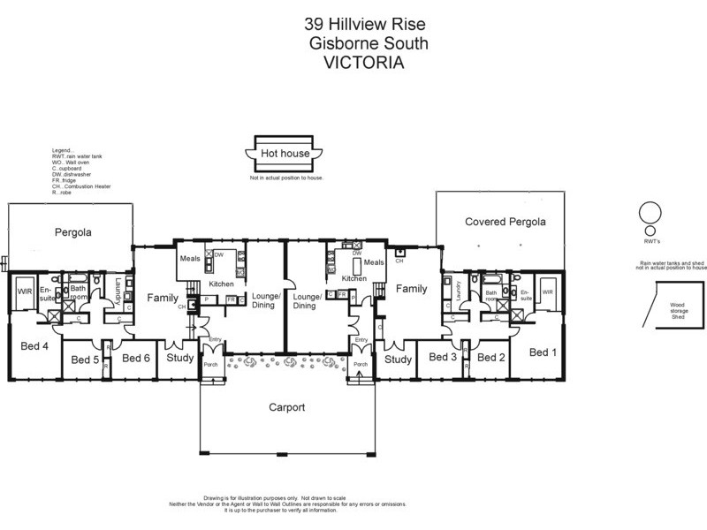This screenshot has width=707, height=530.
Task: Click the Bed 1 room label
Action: [543, 352]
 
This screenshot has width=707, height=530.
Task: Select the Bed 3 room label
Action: [442, 357]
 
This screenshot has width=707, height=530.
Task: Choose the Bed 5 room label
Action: [85, 360]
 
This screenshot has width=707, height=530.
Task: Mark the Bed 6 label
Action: [135, 358]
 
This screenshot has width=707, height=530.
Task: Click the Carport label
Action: [286, 408]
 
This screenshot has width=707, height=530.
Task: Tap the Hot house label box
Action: [284, 154]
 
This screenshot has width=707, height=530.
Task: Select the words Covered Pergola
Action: [505, 222]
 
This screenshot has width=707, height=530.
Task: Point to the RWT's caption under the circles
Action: [650, 238]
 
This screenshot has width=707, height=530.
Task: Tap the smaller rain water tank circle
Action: [650, 229]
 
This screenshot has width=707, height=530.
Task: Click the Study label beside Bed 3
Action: [399, 360]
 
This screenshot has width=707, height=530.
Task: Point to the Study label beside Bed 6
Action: [180, 358]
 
